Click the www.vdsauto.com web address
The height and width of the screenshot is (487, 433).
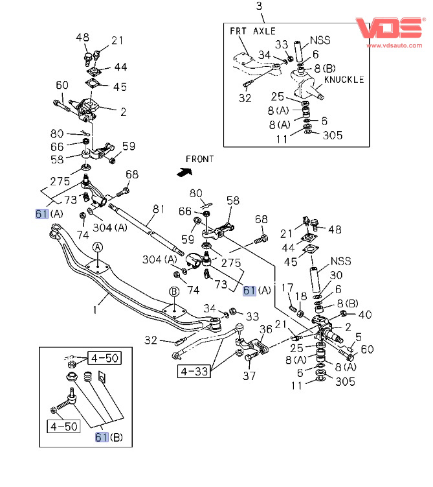tap(392, 46)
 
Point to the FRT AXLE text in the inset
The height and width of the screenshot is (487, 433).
tap(253, 30)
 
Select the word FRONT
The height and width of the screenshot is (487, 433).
tap(200, 159)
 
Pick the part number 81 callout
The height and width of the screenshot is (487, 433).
tap(159, 209)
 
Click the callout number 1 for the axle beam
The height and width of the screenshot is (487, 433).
tap(94, 311)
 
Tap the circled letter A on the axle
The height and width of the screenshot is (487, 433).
tap(97, 247)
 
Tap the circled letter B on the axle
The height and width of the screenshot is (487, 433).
tap(174, 292)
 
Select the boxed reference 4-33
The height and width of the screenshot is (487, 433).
tap(194, 372)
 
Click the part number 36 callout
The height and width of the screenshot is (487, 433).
tap(266, 329)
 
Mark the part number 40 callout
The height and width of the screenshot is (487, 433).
tap(366, 316)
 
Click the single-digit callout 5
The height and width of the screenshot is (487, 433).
tap(359, 337)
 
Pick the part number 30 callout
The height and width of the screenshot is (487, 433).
tap(337, 275)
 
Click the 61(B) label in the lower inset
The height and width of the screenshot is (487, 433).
tap(109, 437)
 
